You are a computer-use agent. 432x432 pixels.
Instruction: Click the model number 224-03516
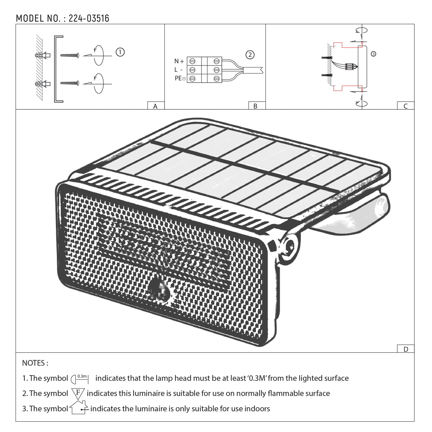point(89,19)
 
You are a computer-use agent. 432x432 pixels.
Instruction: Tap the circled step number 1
point(120,52)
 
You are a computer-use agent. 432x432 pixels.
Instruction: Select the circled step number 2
point(250,55)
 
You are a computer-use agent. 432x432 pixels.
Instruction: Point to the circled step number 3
point(373,54)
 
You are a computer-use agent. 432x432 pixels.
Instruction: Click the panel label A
point(155,106)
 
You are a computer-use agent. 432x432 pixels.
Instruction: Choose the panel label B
point(255,106)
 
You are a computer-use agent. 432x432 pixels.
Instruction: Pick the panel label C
point(405,106)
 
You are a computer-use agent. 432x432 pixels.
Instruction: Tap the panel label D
point(405,349)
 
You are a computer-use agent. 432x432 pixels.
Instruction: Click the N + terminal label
point(179,61)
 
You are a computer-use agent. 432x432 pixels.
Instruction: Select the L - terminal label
point(178,70)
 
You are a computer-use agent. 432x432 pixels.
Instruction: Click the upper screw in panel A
point(69,55)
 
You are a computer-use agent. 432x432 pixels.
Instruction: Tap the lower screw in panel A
point(69,83)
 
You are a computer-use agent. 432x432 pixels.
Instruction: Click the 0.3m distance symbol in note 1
point(80,379)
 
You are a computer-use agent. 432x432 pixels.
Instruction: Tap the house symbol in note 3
point(79,408)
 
